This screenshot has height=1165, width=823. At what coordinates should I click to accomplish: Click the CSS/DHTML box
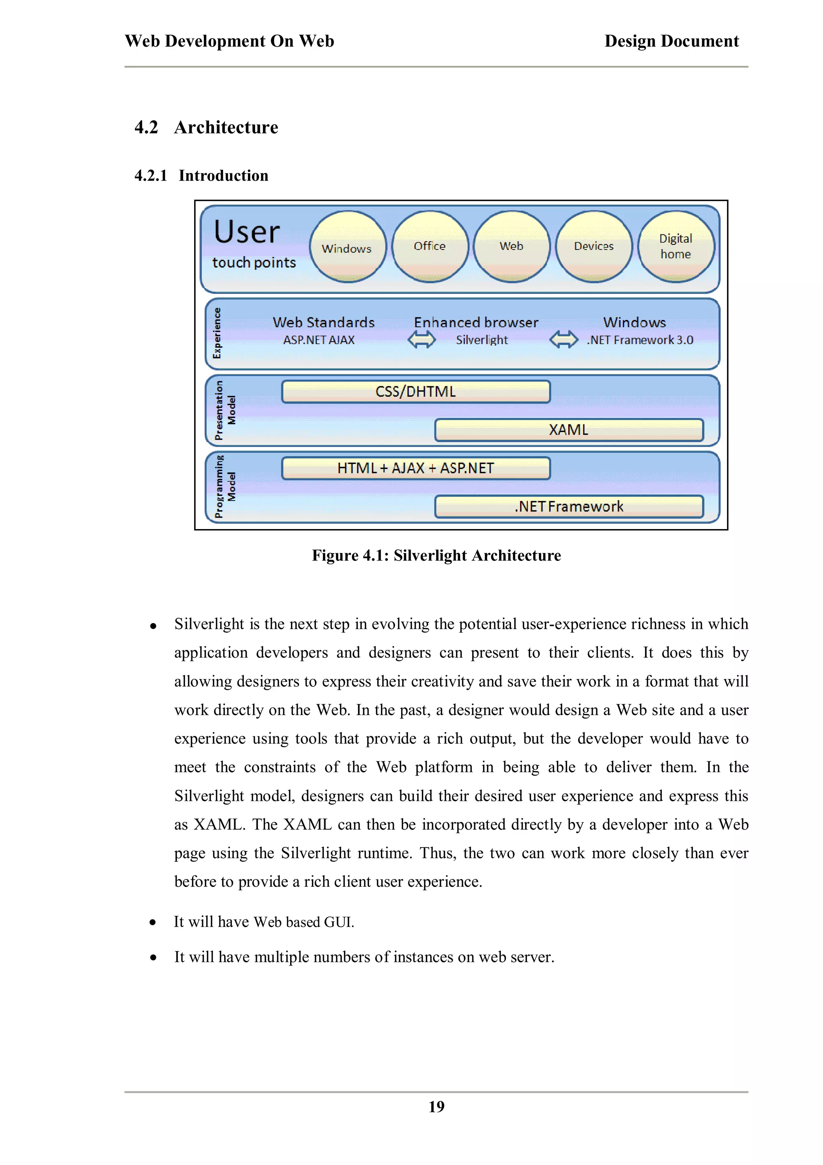click(x=416, y=392)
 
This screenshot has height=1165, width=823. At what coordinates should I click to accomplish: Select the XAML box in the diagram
click(x=569, y=430)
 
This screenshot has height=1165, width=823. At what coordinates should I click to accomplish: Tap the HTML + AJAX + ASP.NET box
click(x=416, y=468)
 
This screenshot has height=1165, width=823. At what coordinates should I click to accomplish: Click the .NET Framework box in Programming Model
click(x=569, y=507)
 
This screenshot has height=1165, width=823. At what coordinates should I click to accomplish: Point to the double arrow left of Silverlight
click(x=422, y=339)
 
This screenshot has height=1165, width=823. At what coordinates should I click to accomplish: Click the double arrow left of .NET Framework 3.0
click(x=564, y=339)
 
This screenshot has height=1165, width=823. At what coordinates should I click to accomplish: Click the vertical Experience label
click(x=217, y=333)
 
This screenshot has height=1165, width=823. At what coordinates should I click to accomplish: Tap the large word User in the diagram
click(x=247, y=232)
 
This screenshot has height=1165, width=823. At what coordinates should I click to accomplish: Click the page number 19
click(x=436, y=1107)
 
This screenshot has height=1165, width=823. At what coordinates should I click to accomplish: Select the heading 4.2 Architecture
click(x=207, y=127)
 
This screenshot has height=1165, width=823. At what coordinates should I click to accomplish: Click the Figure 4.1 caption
click(x=436, y=556)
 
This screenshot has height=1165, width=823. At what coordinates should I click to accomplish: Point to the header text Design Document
click(x=672, y=41)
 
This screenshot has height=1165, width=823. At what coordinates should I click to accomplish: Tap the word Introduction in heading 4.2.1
click(x=223, y=176)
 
